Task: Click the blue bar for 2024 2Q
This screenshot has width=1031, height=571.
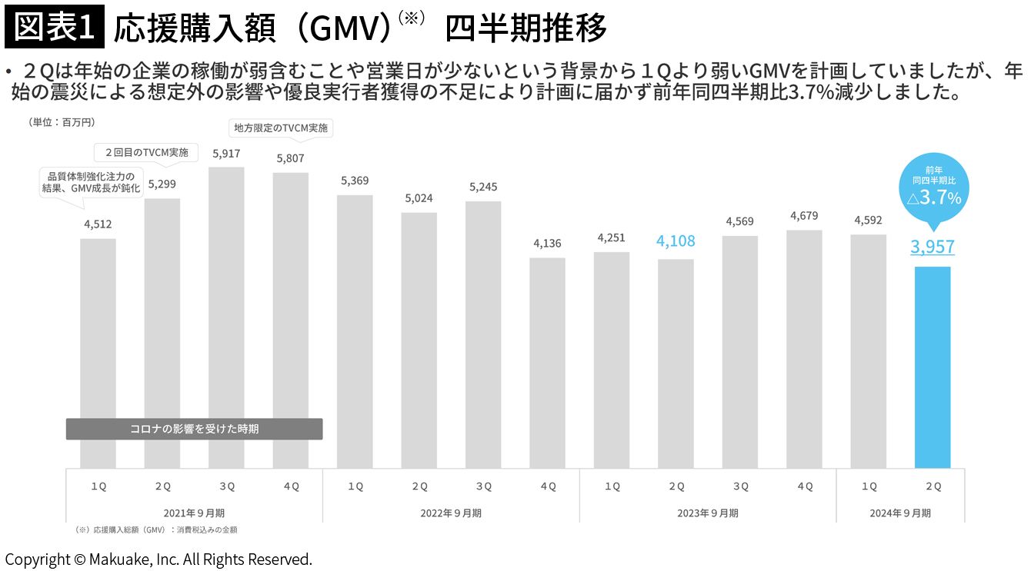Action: (x=933, y=367)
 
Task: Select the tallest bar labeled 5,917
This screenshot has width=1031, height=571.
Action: (x=226, y=317)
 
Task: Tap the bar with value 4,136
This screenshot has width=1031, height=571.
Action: (x=547, y=364)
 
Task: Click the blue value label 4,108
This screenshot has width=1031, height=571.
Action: (x=676, y=241)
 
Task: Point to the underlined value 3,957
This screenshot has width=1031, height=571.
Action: (x=933, y=247)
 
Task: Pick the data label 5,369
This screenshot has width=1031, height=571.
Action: (x=355, y=181)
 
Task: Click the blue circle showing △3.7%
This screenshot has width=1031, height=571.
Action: (x=934, y=188)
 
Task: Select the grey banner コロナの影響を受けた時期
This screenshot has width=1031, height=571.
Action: (x=194, y=429)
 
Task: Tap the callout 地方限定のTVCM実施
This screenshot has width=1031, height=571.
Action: (x=281, y=128)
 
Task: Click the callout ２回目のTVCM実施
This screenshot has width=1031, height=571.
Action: (x=146, y=153)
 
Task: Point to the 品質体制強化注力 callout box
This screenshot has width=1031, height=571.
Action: (x=91, y=182)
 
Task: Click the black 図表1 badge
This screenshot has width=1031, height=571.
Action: (x=55, y=27)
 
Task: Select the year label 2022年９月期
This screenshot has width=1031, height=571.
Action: (x=451, y=513)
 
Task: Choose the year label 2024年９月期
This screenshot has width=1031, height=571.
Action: (x=900, y=513)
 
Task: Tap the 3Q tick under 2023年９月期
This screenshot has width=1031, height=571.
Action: (x=741, y=486)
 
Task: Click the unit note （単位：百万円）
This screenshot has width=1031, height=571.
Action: (x=62, y=122)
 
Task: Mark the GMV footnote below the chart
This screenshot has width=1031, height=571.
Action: (x=155, y=530)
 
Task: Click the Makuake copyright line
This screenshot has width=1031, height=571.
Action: (x=158, y=559)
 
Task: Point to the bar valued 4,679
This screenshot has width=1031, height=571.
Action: (x=804, y=350)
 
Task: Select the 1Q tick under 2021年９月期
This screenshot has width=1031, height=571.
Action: (x=98, y=486)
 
